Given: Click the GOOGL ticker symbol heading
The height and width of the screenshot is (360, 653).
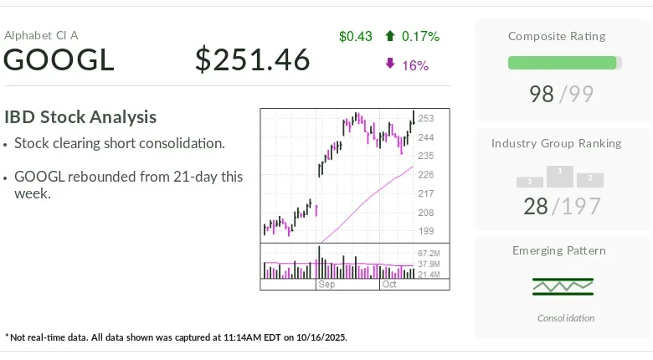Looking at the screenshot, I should tap(59, 60).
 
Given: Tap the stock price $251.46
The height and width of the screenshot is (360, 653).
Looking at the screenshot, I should tap(252, 60).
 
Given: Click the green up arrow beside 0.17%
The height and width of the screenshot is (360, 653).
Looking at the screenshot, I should tap(390, 36).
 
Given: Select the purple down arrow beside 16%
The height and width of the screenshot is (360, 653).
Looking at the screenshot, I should tap(390, 64).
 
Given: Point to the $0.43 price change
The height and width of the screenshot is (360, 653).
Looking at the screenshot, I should tap(355, 36).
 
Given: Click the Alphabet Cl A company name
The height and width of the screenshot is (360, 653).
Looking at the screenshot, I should tap(41, 35).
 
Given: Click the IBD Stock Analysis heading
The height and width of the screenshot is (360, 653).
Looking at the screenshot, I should tap(80, 117).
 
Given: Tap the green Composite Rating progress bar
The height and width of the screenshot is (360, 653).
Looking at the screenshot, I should tap(563, 63).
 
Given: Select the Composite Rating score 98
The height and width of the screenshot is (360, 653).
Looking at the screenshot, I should tap(542, 94).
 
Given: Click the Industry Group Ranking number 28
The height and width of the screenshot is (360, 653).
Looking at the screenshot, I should tap(536, 205).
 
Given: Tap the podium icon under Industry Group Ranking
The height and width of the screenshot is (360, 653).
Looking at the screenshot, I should tap(560, 177).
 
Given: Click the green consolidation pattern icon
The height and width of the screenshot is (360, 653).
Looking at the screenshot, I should tap(563, 286).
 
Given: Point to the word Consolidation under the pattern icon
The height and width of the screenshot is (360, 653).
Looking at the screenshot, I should tap(566, 318).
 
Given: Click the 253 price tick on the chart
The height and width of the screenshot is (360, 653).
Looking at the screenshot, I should tap(426, 119).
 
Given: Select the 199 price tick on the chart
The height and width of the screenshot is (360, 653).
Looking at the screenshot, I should tap(426, 231).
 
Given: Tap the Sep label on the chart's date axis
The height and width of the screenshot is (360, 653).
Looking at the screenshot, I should tap(326, 285).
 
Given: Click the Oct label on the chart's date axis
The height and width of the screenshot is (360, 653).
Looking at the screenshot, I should tap(389, 285).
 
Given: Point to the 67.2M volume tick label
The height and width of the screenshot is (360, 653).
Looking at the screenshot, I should tap(429, 253).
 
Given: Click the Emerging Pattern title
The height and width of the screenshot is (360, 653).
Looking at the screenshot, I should tap(558, 250).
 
